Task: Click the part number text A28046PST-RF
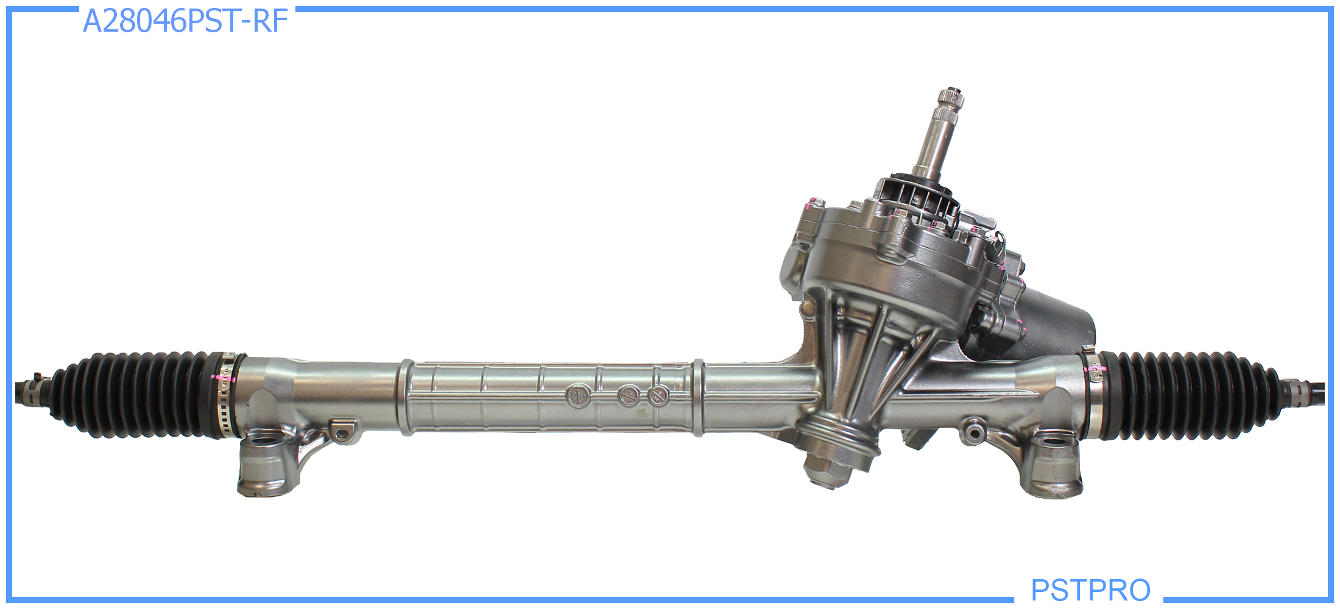(x=185, y=21)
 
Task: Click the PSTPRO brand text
(x=1090, y=590)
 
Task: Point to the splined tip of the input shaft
(x=950, y=101)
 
